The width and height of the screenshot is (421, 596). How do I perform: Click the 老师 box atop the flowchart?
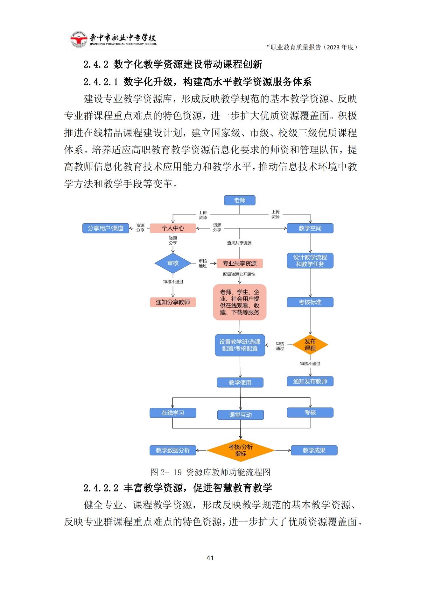pos(240,200)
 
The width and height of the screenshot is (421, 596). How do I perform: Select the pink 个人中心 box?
pos(173,228)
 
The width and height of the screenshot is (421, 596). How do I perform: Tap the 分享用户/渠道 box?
pos(106,228)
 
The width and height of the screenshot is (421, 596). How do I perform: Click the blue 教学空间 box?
pos(310,228)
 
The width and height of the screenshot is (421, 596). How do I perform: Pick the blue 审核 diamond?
pos(173,263)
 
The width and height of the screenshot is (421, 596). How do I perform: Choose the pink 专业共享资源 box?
pos(240,263)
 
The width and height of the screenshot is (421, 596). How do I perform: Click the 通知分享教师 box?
pos(173,302)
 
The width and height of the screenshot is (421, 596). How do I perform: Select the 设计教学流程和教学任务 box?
pos(310,261)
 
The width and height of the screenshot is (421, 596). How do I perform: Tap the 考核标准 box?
pos(310,302)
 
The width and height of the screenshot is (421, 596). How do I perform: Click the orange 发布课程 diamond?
pos(310,345)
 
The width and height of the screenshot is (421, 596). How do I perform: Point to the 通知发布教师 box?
pos(310,381)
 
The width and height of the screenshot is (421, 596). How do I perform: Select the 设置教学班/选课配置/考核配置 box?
pos(240,345)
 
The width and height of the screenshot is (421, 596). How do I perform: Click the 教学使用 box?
pos(240,383)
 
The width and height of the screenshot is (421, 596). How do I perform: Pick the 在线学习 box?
pos(173,413)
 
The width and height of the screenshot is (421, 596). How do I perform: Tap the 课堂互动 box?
pos(240,415)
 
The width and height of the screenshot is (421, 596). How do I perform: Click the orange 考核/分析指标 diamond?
pos(241,450)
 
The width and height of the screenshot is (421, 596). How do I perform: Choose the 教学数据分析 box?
pos(173,450)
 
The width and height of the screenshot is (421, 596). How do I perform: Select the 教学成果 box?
pos(314,450)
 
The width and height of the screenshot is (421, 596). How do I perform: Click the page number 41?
pos(210,558)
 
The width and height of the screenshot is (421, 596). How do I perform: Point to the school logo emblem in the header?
pos(79,40)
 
